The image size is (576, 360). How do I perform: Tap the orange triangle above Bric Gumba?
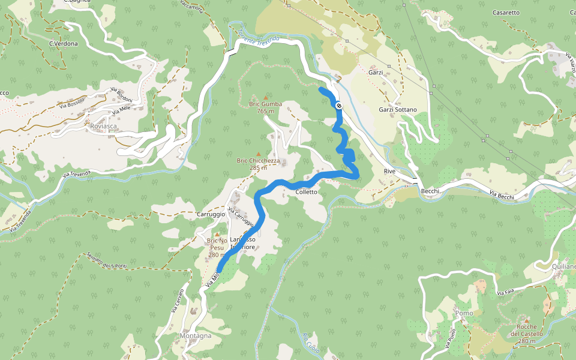pyautogui.click(x=266, y=97)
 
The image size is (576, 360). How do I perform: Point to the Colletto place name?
pyautogui.click(x=306, y=192)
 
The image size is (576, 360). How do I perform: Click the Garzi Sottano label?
pyautogui.click(x=398, y=110)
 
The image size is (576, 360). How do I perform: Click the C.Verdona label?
pyautogui.click(x=64, y=44)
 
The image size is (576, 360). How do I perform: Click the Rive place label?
pyautogui.click(x=390, y=172)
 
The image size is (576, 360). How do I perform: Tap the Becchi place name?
pyautogui.click(x=430, y=191)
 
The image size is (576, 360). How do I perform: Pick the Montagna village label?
pyautogui.click(x=196, y=336)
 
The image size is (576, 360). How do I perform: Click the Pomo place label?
pyautogui.click(x=464, y=313)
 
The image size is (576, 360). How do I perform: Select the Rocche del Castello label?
pyautogui.click(x=527, y=334)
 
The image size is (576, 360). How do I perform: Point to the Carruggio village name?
pyautogui.click(x=210, y=214)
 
